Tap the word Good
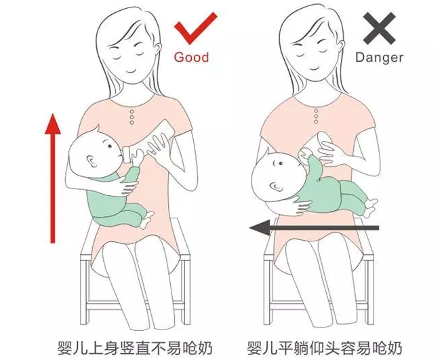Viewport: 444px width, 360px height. (192, 58)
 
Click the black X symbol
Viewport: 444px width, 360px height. (381, 29)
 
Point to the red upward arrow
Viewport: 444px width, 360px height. (51, 176)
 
